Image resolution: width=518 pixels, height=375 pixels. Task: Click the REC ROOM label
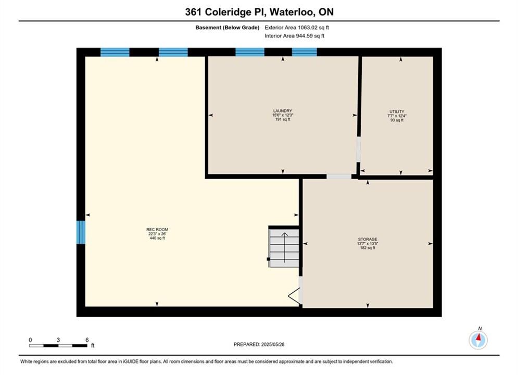tap(157, 229)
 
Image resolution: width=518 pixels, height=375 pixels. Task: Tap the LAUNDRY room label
tap(283, 111)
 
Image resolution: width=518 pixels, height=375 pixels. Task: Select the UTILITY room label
tap(397, 111)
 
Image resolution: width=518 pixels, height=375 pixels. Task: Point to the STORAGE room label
tap(368, 239)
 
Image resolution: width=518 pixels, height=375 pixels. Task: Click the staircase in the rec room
tap(284, 246)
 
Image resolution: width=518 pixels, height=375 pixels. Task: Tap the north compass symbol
tap(478, 339)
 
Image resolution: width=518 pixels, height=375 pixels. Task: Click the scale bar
tap(58, 346)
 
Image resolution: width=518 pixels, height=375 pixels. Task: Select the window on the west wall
tap(81, 232)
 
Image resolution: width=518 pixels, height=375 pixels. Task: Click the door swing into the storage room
tap(295, 296)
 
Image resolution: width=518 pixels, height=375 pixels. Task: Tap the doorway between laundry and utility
tap(359, 149)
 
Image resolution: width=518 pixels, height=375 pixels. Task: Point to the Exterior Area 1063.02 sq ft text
tap(297, 28)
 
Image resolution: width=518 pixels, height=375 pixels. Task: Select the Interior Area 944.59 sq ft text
tap(294, 36)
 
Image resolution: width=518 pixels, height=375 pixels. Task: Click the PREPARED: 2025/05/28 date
tap(259, 344)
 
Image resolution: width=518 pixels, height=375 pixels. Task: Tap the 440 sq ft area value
tap(157, 238)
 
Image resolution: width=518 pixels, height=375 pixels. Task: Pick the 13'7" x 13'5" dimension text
tap(368, 244)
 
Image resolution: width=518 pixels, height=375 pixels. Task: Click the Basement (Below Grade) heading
tap(228, 28)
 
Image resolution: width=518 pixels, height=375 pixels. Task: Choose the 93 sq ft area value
tap(397, 120)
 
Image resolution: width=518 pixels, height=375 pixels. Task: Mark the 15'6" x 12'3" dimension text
tap(283, 115)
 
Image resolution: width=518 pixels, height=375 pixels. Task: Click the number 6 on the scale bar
tap(87, 340)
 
